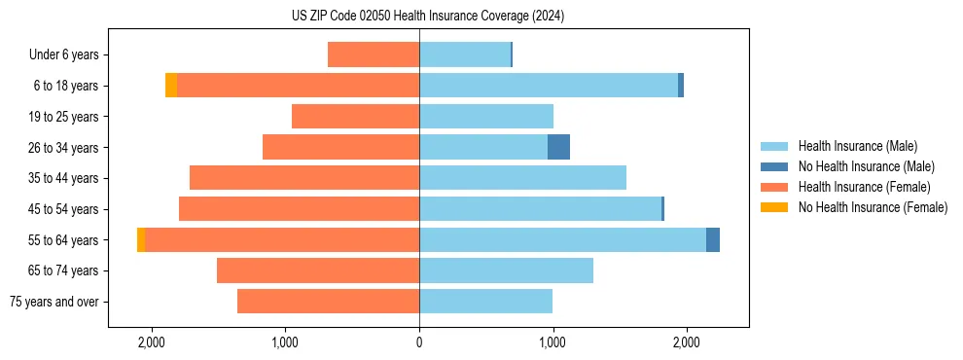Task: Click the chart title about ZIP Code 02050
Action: tap(427, 16)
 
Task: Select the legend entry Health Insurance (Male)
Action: tap(857, 146)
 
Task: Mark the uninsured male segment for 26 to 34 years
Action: tap(558, 147)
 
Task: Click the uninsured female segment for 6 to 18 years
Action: tap(171, 86)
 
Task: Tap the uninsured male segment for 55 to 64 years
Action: tap(713, 239)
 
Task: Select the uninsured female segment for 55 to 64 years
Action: tap(141, 239)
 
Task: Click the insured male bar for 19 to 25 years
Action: tap(486, 117)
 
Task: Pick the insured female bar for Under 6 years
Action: tap(374, 54)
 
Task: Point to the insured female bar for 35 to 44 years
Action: tap(304, 178)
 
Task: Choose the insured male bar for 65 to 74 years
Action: tap(506, 270)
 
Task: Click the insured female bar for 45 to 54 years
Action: tap(299, 209)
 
